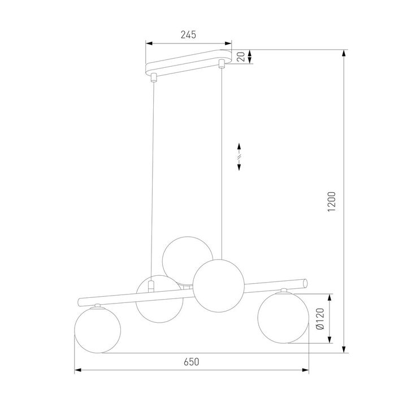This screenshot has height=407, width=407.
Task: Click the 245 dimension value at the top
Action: [188, 35]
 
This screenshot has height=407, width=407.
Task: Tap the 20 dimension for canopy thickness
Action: [241, 57]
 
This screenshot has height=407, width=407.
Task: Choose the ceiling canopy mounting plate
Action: [189, 65]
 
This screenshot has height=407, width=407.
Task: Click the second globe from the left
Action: [159, 300]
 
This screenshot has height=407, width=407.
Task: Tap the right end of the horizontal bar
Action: [306, 283]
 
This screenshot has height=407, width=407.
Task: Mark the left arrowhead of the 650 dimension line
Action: [77, 371]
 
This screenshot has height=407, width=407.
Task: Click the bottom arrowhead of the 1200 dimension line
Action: [344, 351]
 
